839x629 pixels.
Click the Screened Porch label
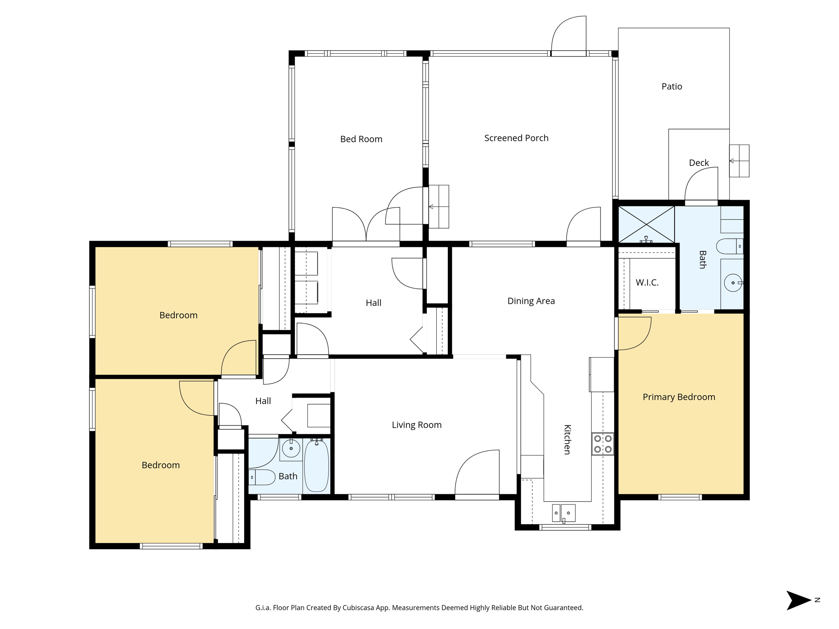tap(516, 138)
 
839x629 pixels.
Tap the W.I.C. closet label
tap(647, 282)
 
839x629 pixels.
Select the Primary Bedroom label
tap(678, 397)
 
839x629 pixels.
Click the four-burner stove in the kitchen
tap(603, 444)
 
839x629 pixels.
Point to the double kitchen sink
tap(564, 513)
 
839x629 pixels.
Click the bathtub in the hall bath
tap(316, 466)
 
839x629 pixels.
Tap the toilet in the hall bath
tap(262, 477)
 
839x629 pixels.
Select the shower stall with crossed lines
tap(646, 224)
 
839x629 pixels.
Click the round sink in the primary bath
tap(732, 283)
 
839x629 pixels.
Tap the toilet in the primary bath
tap(729, 246)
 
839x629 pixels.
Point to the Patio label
tap(671, 86)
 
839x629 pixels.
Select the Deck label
tap(698, 163)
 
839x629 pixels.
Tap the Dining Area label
tap(531, 301)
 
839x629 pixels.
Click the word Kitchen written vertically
tap(567, 439)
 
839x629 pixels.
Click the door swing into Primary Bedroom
tap(634, 333)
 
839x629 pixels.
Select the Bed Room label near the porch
tap(361, 139)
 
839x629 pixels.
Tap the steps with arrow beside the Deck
tap(739, 161)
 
